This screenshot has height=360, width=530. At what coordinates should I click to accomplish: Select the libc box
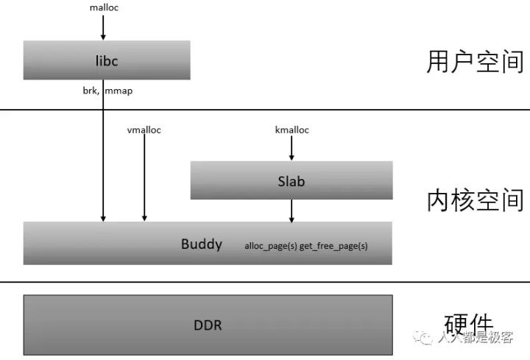tap(107, 60)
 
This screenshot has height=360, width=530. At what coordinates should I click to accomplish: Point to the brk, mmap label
tap(107, 91)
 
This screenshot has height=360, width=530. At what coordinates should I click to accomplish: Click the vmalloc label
tap(144, 130)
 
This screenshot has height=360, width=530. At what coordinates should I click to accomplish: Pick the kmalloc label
tap(291, 130)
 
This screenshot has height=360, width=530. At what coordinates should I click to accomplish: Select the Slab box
tap(291, 180)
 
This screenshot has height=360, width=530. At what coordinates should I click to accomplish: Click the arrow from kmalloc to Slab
tap(291, 149)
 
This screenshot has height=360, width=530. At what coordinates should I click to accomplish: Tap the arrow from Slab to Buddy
tap(291, 211)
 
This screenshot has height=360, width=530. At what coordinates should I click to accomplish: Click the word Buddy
tap(201, 244)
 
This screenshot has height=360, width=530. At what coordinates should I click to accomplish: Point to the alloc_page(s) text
tap(271, 246)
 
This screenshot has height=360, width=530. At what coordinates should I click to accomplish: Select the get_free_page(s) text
tap(333, 246)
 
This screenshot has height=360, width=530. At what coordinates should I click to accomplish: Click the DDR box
tap(208, 325)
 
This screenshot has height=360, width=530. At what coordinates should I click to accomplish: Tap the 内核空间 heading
tap(475, 200)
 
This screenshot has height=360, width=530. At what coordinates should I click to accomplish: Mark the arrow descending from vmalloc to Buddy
tap(144, 177)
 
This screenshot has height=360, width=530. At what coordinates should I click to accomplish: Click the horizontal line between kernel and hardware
tap(265, 281)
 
